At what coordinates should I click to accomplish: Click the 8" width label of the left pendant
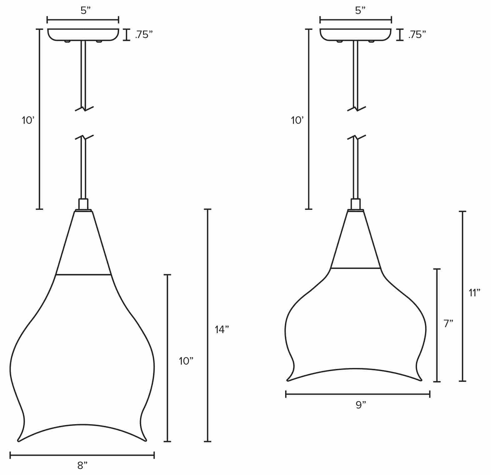click(82, 466)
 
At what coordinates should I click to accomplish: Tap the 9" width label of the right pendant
click(361, 405)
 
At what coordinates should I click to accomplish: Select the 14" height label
click(222, 329)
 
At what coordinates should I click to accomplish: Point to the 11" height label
click(474, 293)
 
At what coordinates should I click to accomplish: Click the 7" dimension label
click(448, 324)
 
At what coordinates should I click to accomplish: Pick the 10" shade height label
click(186, 361)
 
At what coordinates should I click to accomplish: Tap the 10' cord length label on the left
click(28, 120)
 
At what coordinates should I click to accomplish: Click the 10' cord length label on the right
click(297, 120)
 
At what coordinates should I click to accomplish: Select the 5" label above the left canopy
click(85, 11)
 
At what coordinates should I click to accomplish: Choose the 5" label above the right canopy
click(360, 11)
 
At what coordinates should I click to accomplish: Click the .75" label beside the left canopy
click(144, 35)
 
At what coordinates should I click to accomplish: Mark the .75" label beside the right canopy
click(417, 35)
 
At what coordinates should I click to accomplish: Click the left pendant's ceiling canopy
click(83, 35)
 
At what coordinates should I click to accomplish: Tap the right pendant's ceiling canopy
click(355, 35)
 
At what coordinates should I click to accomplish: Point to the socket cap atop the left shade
click(83, 205)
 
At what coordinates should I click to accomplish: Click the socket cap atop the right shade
click(355, 205)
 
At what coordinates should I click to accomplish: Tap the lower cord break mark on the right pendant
click(357, 137)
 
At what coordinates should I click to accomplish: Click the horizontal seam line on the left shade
click(83, 275)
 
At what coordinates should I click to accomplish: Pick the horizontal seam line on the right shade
click(355, 268)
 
